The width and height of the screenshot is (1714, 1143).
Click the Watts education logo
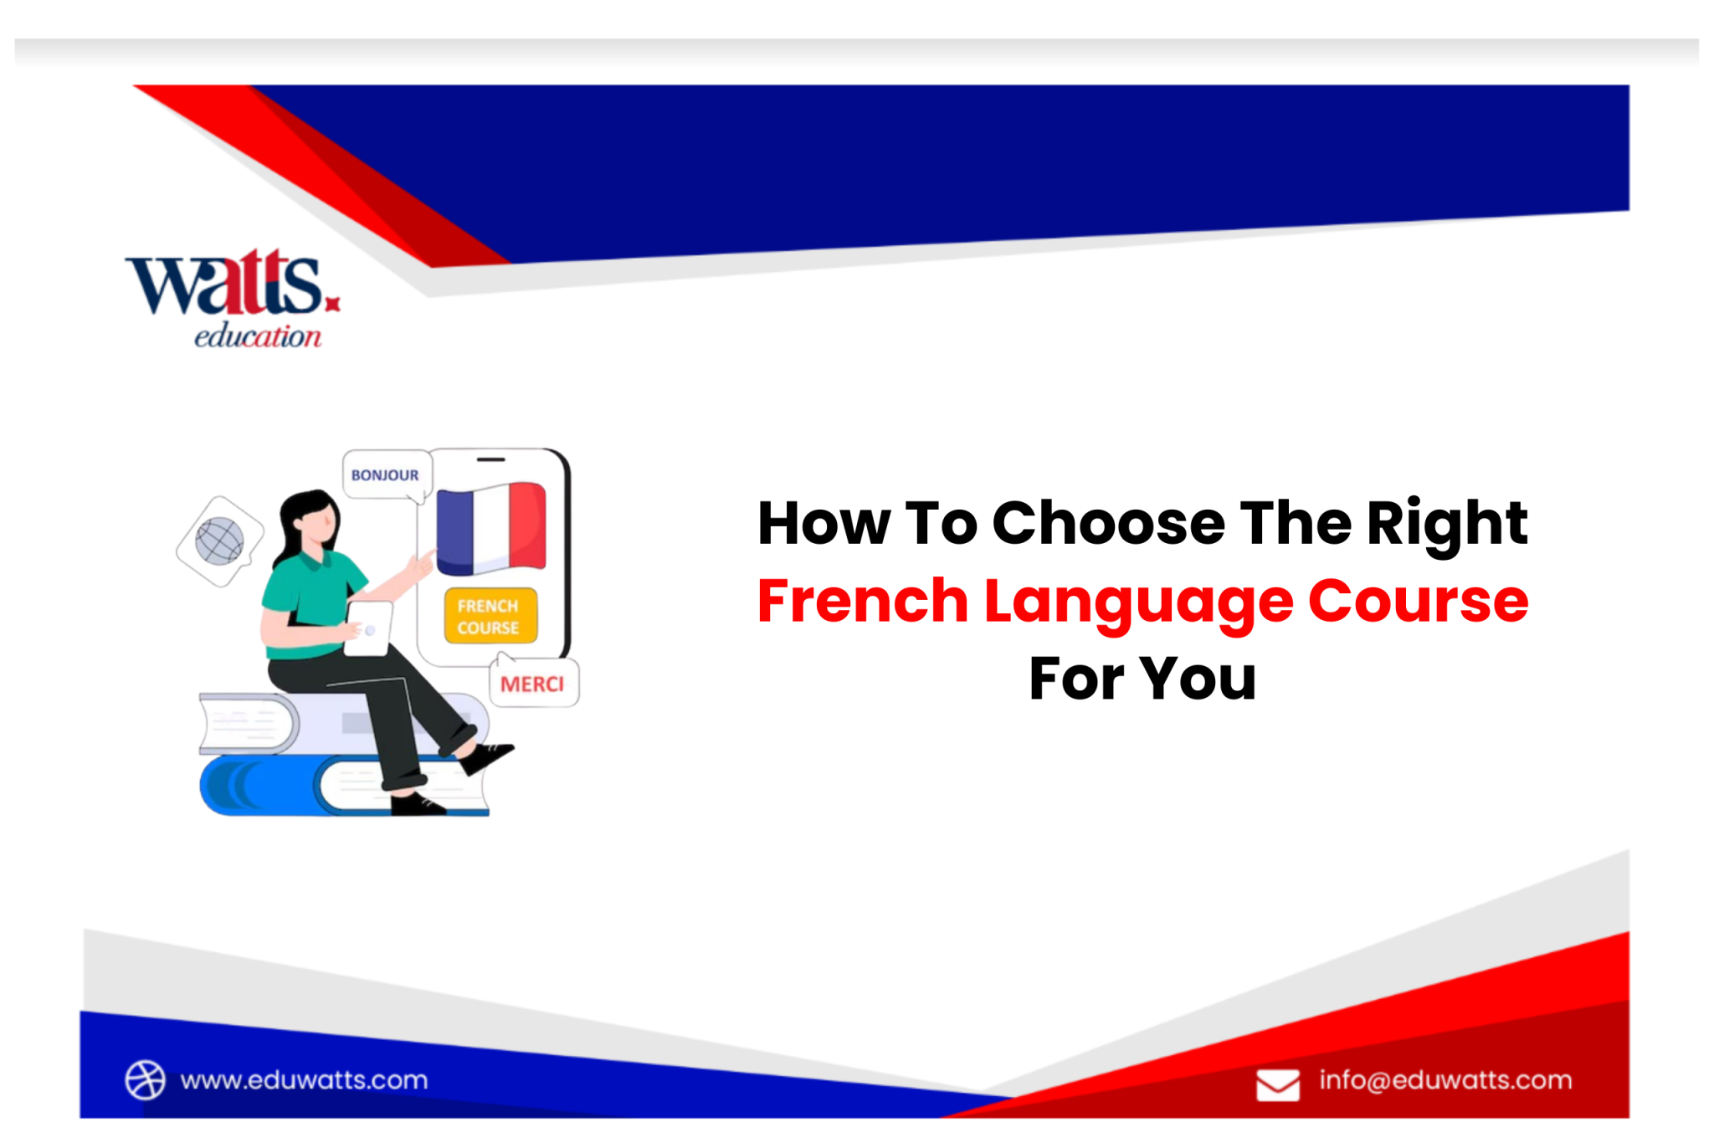[x=233, y=297]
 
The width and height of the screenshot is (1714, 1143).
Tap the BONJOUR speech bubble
[x=385, y=474]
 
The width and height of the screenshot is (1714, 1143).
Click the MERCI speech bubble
[x=532, y=684]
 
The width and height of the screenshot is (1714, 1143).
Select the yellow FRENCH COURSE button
[x=490, y=616]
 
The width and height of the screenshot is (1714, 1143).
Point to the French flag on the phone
[x=491, y=528]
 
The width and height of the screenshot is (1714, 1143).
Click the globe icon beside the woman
[x=219, y=541]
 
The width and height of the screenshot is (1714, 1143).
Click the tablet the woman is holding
[x=368, y=628]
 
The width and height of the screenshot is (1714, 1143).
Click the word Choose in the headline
[x=1108, y=523]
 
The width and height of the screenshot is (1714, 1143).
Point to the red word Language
[x=1138, y=602]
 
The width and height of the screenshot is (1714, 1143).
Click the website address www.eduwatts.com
[x=304, y=1079]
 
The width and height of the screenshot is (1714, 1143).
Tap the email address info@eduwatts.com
[x=1445, y=1079]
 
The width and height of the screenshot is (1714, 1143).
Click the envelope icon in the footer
[x=1277, y=1084]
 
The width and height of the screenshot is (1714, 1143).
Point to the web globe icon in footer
[x=146, y=1079]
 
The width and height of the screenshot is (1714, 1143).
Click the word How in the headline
[x=824, y=523]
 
